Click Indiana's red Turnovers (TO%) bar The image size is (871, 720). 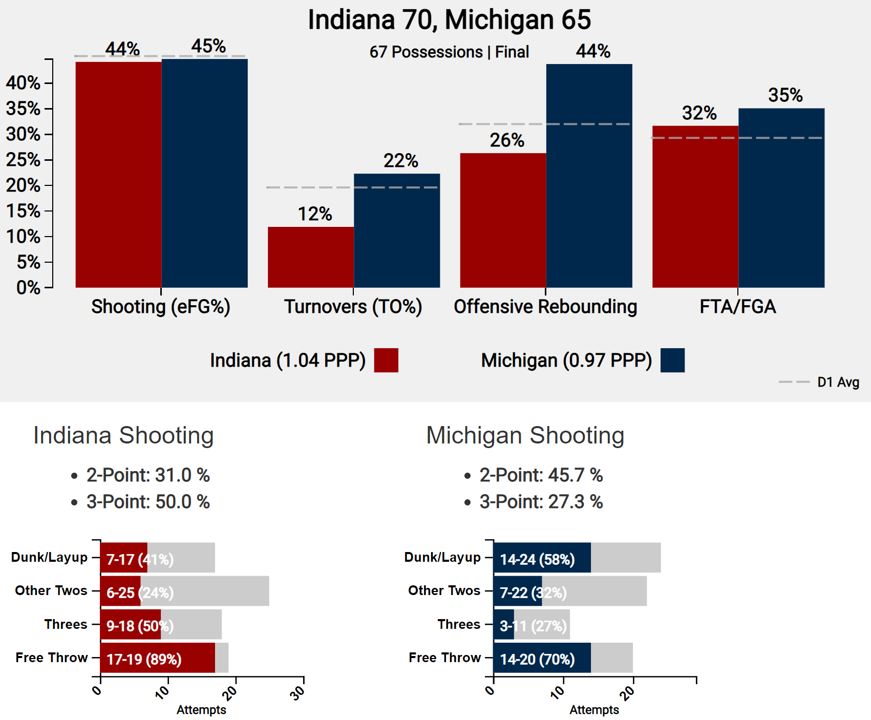[x=310, y=257]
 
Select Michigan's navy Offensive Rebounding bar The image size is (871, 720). [x=589, y=176]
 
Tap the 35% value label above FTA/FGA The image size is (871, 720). [x=785, y=95]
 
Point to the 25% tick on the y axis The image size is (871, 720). [x=23, y=160]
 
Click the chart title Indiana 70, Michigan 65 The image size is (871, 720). [x=449, y=20]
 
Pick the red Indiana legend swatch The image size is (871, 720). [x=386, y=360]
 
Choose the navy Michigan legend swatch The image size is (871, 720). [x=672, y=360]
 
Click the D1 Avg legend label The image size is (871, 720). [x=838, y=382]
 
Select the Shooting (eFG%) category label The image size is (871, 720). [x=161, y=307]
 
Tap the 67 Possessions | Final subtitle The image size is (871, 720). [x=449, y=52]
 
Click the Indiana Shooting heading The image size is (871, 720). [x=123, y=436]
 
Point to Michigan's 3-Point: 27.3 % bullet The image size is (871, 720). [x=541, y=502]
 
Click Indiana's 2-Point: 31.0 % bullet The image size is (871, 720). [x=148, y=475]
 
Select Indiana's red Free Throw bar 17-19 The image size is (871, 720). [x=157, y=658]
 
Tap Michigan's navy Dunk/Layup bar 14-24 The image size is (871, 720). [x=542, y=558]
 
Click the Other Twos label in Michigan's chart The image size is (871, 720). [x=444, y=590]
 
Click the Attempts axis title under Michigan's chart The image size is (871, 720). [x=594, y=710]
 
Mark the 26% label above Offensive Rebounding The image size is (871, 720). [x=507, y=140]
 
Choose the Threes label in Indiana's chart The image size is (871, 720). [x=66, y=624]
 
